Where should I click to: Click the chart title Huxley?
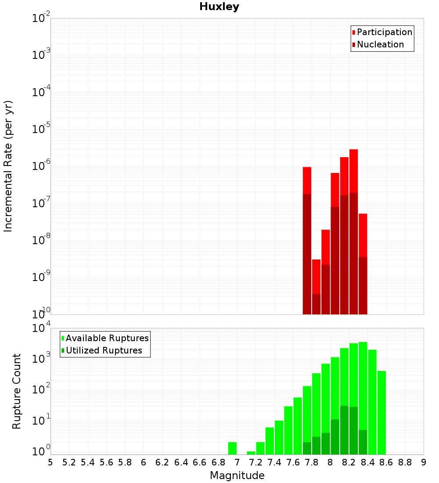click(219, 7)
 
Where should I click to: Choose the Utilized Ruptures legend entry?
click(104, 350)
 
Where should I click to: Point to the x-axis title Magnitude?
click(237, 476)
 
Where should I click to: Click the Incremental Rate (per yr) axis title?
click(8, 166)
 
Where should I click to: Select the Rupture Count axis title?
click(17, 391)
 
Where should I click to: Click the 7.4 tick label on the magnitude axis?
click(274, 462)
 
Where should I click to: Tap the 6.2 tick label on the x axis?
click(162, 462)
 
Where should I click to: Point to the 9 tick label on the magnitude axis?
click(424, 462)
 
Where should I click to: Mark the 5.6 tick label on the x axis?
click(107, 462)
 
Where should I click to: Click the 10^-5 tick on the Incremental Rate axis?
click(40, 129)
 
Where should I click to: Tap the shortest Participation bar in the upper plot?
click(316, 277)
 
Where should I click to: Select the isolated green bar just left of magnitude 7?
click(232, 448)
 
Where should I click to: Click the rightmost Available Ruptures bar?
click(381, 413)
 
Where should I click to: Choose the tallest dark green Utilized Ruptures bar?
click(344, 430)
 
